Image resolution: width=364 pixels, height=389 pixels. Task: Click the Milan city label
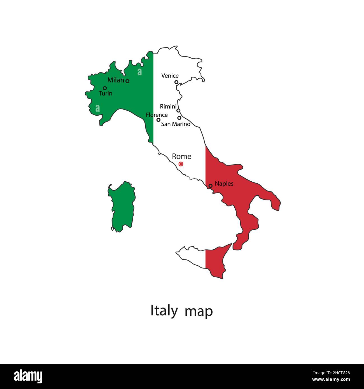115,80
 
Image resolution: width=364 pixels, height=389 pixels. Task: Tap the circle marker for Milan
127,81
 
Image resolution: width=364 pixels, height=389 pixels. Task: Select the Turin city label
106,93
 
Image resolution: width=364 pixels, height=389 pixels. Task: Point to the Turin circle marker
105,88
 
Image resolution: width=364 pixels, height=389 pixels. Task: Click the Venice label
170,76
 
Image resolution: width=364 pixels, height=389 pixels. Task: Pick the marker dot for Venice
176,82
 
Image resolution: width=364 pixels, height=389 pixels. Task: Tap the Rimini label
168,107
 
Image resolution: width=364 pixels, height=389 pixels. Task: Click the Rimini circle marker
178,111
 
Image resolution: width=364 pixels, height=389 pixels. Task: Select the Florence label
157,115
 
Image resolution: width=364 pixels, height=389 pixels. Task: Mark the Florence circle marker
158,120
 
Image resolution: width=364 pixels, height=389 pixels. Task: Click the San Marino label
176,124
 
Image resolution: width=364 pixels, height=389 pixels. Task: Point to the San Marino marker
179,118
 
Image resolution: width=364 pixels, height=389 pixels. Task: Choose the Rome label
181,156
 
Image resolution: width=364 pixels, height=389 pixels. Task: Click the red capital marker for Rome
181,164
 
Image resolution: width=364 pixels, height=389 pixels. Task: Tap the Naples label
224,184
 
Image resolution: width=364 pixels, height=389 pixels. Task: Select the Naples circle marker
211,186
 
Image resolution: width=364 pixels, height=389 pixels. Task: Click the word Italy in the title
164,311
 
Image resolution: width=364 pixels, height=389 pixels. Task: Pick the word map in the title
199,311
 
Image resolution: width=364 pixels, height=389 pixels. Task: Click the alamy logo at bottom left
28,376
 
